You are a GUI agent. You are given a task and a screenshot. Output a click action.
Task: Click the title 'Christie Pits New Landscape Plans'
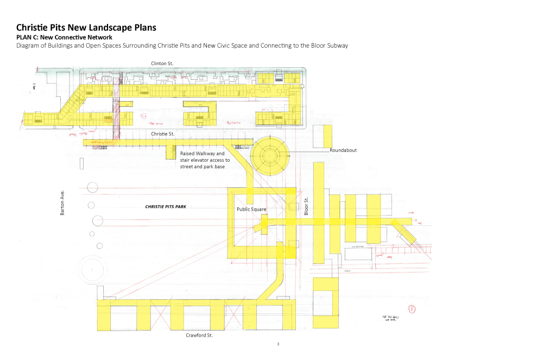tap(86, 27)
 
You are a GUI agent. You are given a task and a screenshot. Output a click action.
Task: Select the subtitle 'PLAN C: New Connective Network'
tap(65, 37)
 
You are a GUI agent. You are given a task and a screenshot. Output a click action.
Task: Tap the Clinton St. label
tap(162, 64)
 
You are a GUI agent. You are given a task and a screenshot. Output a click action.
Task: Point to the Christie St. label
tap(162, 133)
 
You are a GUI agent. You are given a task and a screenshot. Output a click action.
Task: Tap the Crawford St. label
tap(199, 336)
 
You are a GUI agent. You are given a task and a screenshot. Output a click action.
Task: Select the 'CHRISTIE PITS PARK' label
tap(166, 207)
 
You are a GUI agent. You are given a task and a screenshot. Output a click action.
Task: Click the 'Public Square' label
tap(250, 209)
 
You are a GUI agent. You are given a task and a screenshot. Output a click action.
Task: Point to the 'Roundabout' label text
tap(343, 150)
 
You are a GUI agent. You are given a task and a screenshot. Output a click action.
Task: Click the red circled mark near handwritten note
tap(412, 310)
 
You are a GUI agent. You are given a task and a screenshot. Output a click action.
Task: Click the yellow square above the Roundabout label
tap(327, 135)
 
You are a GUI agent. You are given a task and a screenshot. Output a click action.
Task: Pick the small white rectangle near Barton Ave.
tap(81, 163)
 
